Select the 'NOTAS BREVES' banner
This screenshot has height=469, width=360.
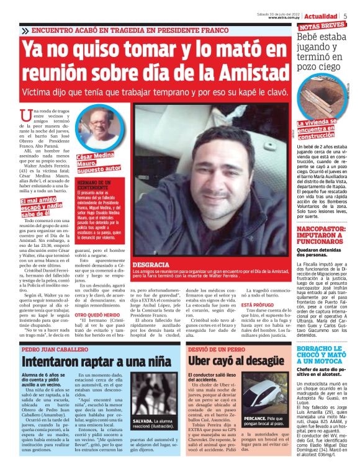point(322,27)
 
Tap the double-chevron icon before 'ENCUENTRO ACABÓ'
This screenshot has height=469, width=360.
point(25,30)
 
